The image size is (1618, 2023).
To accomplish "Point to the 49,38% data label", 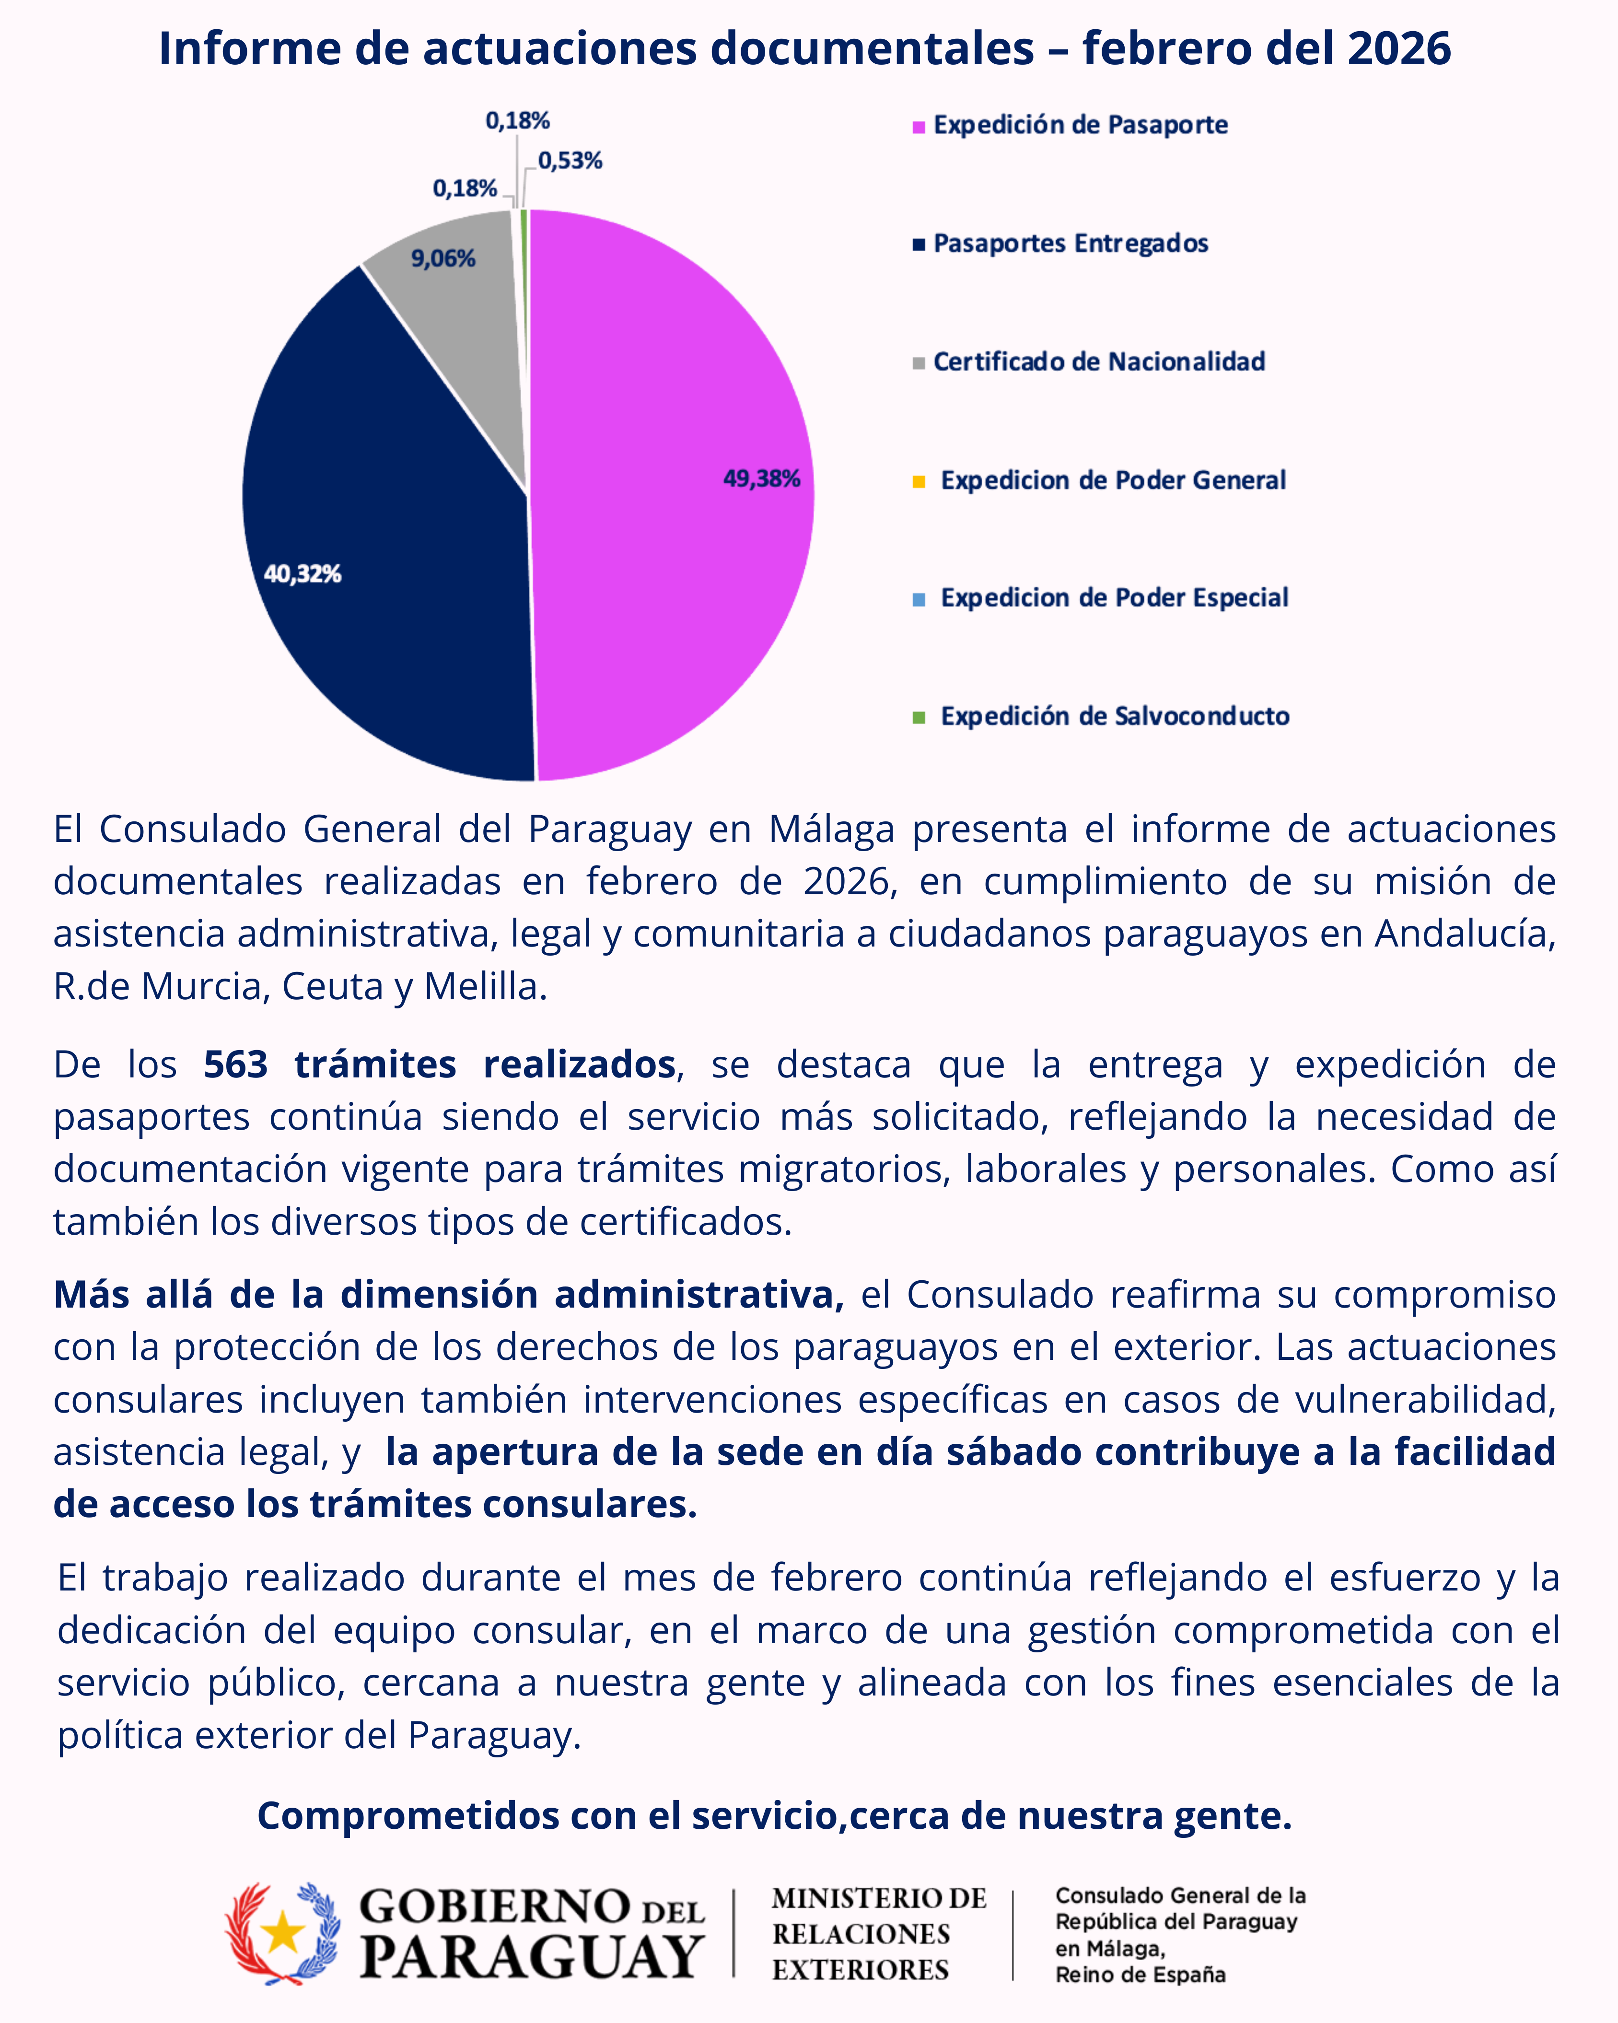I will coord(762,479).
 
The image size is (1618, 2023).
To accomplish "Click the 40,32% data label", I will coord(302,574).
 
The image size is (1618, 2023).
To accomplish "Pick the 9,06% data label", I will coord(442,259).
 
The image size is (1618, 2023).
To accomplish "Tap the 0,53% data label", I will coord(570,162).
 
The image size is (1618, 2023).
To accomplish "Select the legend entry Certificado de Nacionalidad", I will coord(1098,362).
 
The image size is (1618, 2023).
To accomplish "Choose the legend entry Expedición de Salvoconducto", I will coord(1114,717).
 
